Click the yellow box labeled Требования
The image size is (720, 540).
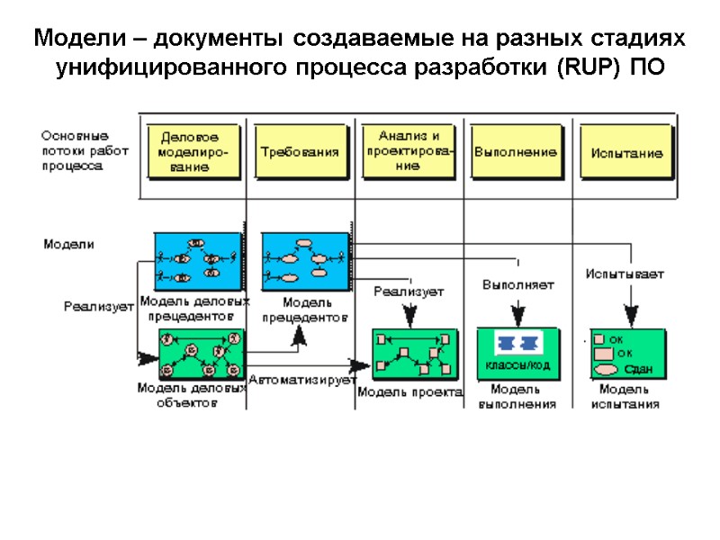coord(300,151)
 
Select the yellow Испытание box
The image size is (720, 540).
coord(626,152)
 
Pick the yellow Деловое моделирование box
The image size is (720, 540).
coord(193,152)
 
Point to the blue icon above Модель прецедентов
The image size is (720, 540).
coord(304,261)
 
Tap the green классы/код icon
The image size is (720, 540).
coord(517,352)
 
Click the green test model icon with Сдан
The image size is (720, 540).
coord(627,353)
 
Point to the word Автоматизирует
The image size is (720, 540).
coord(302,380)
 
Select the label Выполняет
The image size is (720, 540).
coord(517,284)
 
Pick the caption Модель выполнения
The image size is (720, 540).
coord(517,397)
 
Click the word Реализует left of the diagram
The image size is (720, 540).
coord(98,306)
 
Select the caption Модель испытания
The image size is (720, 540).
coord(625,397)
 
